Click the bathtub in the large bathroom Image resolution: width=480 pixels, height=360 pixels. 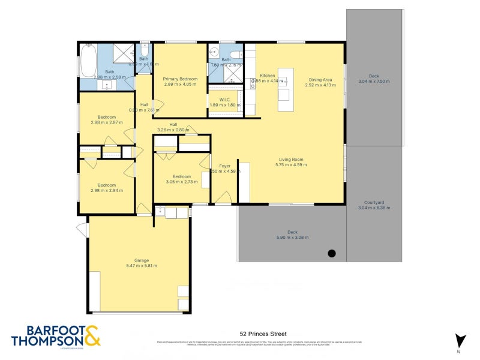click(88, 60)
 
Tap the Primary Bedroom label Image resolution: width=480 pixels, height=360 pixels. click(181, 79)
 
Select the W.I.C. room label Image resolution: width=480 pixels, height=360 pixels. click(225, 100)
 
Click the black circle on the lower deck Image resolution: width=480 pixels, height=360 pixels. click(332, 253)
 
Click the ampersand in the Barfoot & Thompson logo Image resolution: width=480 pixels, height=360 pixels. click(92, 336)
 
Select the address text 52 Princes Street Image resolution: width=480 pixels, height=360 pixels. click(262, 334)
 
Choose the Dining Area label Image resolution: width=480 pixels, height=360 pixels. click(320, 79)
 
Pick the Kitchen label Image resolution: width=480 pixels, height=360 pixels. click(267, 76)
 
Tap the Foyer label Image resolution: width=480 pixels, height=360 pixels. click(224, 166)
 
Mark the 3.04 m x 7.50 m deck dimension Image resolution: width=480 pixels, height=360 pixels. click(374, 82)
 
